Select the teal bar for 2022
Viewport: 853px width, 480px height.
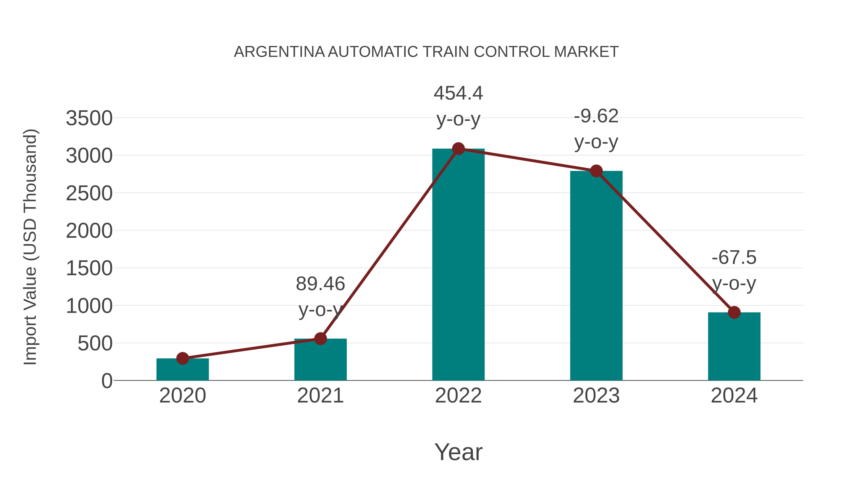[x=458, y=265]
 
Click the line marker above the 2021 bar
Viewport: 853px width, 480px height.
[x=320, y=338]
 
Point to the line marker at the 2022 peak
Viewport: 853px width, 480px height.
[x=458, y=149]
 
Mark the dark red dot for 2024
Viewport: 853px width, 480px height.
[x=734, y=312]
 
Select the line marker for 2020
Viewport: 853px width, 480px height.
[x=182, y=358]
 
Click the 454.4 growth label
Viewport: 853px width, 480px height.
[x=458, y=93]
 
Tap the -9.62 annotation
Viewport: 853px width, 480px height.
[x=596, y=116]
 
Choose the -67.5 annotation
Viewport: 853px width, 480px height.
[x=734, y=258]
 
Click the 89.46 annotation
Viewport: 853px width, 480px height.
[x=320, y=284]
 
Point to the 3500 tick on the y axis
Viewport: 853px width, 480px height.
[x=89, y=118]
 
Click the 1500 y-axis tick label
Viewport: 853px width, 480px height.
[x=89, y=268]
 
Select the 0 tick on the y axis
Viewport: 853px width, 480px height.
[x=107, y=381]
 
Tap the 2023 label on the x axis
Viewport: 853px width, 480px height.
[x=596, y=396]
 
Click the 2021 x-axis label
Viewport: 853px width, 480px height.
[x=320, y=396]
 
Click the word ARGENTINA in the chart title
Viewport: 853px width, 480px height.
[x=279, y=52]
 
